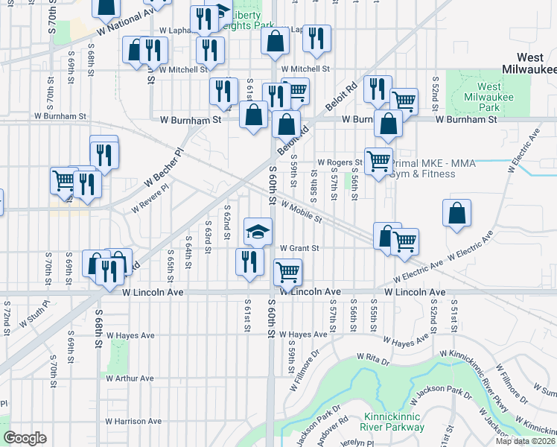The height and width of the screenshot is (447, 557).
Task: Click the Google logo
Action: click(x=25, y=437)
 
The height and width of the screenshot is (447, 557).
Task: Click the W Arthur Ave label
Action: click(x=130, y=378)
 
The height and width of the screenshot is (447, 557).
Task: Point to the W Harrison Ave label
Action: click(x=133, y=421)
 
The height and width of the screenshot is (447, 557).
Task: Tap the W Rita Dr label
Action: click(x=373, y=358)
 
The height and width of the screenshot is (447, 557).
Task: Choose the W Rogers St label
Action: click(x=339, y=162)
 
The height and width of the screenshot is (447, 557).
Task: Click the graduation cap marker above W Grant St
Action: click(x=258, y=232)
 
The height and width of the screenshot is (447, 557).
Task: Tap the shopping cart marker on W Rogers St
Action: click(x=378, y=160)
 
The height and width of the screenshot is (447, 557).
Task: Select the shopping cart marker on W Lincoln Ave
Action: click(x=287, y=272)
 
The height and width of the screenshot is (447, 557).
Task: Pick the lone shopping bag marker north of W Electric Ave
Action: click(x=456, y=213)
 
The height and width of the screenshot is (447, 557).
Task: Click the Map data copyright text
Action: click(x=525, y=441)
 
